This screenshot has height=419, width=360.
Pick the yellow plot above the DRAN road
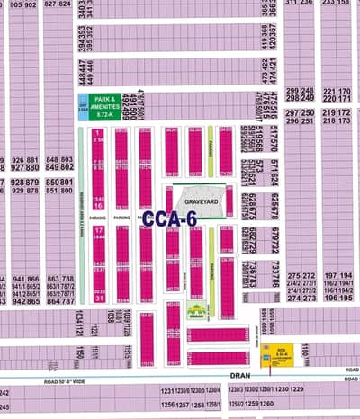281,359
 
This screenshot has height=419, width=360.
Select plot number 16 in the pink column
97,204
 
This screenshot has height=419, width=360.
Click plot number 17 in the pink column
97,231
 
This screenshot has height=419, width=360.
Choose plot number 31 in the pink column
97,298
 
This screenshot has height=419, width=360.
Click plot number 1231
166,389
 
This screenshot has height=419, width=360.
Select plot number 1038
111,316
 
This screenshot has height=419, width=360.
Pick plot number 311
292,4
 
